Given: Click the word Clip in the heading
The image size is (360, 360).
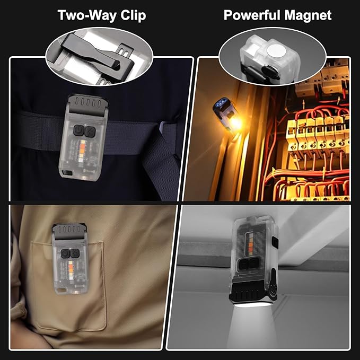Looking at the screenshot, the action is click(x=133, y=15).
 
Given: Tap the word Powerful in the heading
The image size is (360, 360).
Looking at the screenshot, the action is click(x=252, y=15).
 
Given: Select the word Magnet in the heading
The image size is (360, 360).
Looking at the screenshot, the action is click(x=308, y=15).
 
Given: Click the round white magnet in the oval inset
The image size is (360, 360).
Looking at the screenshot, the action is click(x=276, y=51).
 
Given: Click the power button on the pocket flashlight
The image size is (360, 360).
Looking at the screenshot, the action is click(x=66, y=253).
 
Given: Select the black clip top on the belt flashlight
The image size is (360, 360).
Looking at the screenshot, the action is click(x=88, y=104).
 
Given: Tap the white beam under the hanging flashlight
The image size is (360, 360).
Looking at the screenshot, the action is click(x=252, y=326).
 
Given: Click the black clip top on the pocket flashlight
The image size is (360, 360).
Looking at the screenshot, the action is click(x=69, y=231).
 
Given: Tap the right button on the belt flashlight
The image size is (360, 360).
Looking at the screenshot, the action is click(x=90, y=131).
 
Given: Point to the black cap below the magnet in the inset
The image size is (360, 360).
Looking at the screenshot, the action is click(x=271, y=73).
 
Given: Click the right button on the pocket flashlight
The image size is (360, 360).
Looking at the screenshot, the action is click(x=75, y=253).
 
